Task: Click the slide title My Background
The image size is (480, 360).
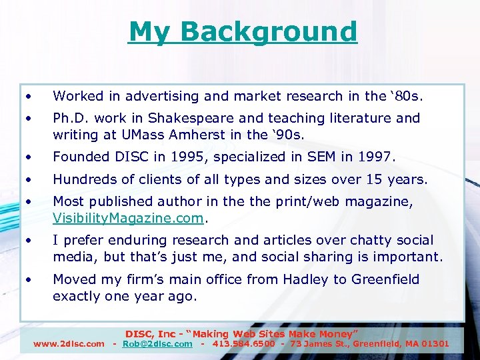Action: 243,31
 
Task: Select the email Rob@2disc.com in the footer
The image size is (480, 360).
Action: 157,344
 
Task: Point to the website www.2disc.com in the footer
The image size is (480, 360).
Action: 69,344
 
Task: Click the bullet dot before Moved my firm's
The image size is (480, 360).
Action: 29,279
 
